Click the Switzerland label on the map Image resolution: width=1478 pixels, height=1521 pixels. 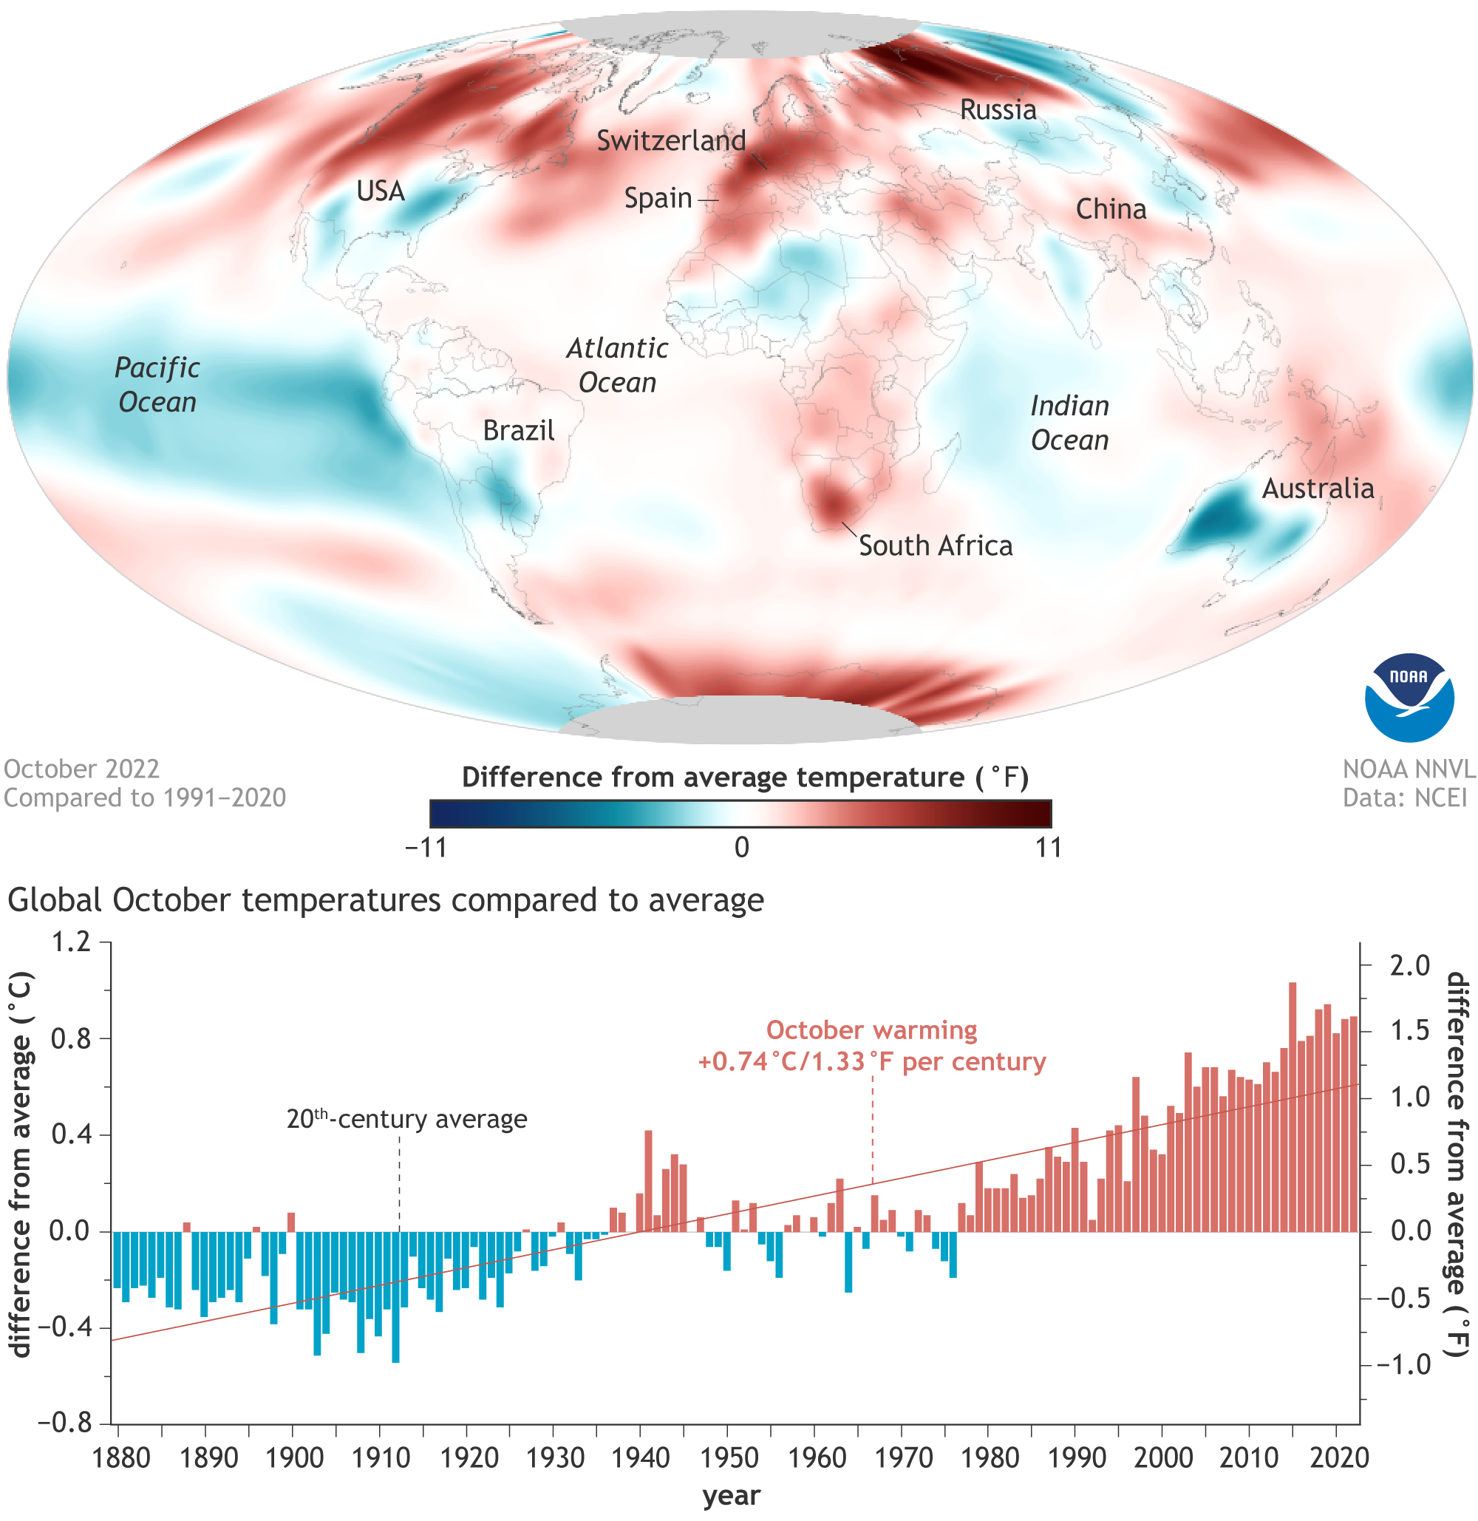point(671,140)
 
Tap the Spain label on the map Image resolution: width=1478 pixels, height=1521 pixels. point(658,199)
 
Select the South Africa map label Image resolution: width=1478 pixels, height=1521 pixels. point(936,546)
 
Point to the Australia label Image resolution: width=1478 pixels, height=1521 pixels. point(1318,489)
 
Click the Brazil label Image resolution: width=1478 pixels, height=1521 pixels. point(519,430)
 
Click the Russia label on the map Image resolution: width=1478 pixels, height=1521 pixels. point(998,110)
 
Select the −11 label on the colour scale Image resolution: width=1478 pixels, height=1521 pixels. point(426,847)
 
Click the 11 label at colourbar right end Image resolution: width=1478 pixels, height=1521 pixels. point(1048,847)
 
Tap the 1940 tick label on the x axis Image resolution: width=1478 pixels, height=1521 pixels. point(641,1458)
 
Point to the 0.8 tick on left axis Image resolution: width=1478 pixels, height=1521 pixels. point(71,1038)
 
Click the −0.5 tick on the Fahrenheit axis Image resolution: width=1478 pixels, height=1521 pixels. point(1403,1298)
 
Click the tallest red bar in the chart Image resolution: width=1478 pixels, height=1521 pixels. point(1293,1106)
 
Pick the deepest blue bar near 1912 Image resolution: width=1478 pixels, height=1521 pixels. point(396,1296)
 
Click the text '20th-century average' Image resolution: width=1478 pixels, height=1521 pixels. point(406,1119)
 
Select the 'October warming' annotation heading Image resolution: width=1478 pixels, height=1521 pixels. point(871,1030)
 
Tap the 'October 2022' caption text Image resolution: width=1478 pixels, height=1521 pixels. point(81,769)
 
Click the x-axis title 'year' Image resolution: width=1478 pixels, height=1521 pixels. point(730,1495)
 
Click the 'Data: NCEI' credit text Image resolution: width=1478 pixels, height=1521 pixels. point(1404,797)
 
